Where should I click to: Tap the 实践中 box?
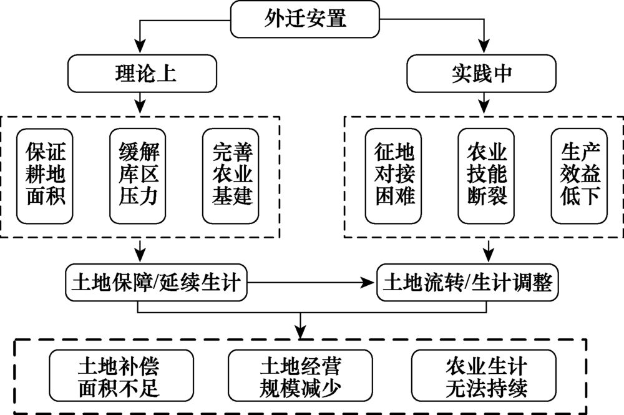click(481, 74)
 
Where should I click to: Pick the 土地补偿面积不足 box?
click(119, 377)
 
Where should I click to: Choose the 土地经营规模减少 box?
click(300, 377)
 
